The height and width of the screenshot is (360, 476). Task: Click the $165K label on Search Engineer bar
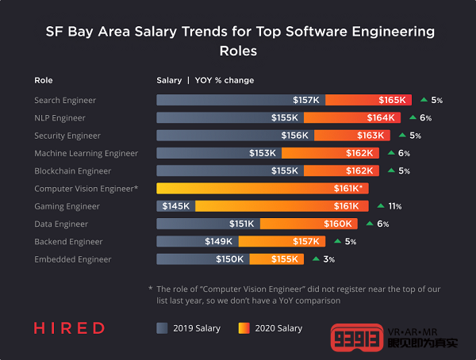tap(392, 100)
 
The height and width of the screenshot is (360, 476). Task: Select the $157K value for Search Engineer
tap(305, 100)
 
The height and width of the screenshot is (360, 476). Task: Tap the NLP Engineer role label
tap(59, 118)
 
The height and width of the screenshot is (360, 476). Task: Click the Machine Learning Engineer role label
tap(86, 153)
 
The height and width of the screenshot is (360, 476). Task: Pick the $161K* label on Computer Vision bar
tap(348, 189)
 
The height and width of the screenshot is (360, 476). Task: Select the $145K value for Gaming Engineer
tap(175, 206)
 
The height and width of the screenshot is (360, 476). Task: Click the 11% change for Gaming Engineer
tap(394, 206)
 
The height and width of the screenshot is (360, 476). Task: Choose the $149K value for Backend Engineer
tap(218, 242)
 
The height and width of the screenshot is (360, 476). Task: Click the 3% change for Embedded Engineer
tap(328, 259)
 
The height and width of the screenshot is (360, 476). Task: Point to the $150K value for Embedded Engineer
tap(229, 259)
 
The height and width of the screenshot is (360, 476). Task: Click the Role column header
tap(44, 80)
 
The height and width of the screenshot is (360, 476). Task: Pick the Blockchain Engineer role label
tap(72, 170)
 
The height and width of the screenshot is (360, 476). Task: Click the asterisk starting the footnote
tap(150, 289)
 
